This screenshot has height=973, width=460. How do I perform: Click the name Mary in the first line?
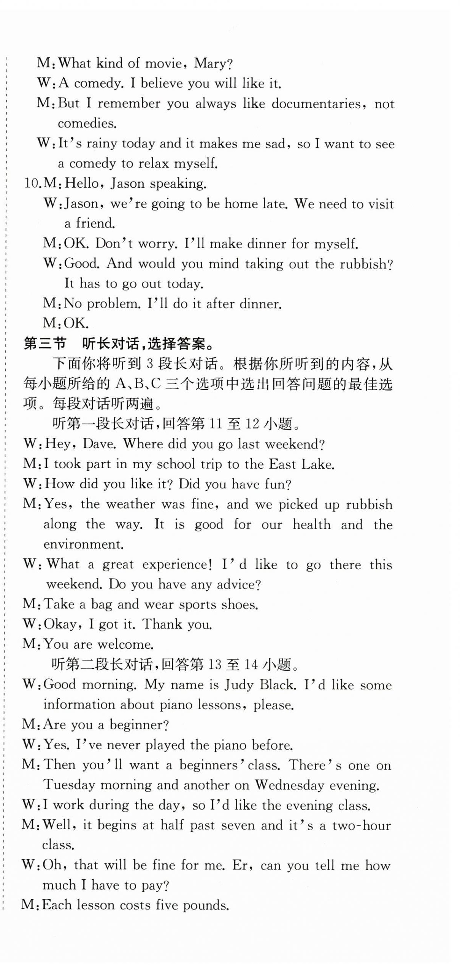pyautogui.click(x=209, y=63)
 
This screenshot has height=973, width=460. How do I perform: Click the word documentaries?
pyautogui.click(x=316, y=104)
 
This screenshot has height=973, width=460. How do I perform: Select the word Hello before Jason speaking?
pyautogui.click(x=81, y=183)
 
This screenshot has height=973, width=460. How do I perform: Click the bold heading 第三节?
pyautogui.click(x=45, y=344)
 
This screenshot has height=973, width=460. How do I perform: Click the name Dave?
pyautogui.click(x=98, y=444)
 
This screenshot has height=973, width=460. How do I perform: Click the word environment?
pyautogui.click(x=83, y=544)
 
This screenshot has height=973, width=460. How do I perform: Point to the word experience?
pyautogui.click(x=177, y=565)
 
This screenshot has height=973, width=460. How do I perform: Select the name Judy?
pyautogui.click(x=238, y=685)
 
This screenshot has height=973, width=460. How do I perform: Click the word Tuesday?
pyautogui.click(x=69, y=785)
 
